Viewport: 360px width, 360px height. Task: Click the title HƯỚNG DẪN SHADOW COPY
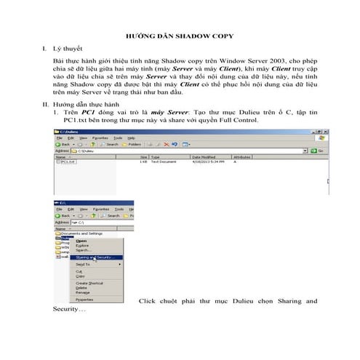(180, 35)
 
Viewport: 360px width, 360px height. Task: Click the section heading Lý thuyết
(70, 50)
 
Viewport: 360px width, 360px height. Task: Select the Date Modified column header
(202, 156)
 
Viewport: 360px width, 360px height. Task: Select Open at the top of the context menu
(81, 241)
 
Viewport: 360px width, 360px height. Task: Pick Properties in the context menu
(85, 299)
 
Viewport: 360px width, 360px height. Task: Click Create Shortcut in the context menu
(92, 283)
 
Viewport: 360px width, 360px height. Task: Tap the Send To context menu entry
(83, 264)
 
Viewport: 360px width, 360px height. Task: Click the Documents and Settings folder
(82, 233)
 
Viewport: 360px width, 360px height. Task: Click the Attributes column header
(242, 156)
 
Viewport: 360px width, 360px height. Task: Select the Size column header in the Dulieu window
(144, 156)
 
